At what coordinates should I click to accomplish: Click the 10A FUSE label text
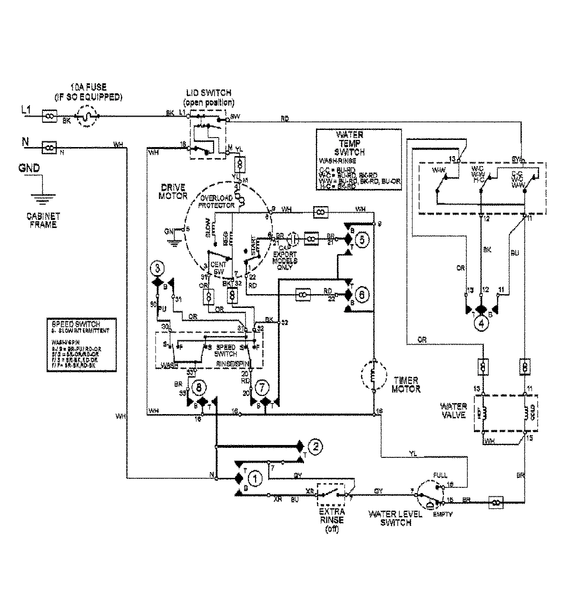(x=89, y=91)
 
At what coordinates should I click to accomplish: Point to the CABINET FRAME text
(x=42, y=219)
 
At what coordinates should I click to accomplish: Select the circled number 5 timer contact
(x=361, y=240)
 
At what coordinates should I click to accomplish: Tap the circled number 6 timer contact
(x=361, y=295)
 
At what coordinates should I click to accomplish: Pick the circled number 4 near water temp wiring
(x=482, y=324)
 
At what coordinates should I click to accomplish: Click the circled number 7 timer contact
(x=260, y=388)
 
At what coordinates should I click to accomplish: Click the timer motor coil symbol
(x=374, y=376)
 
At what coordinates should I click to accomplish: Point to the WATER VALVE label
(x=453, y=410)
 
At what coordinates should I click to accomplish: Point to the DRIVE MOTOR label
(x=174, y=191)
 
